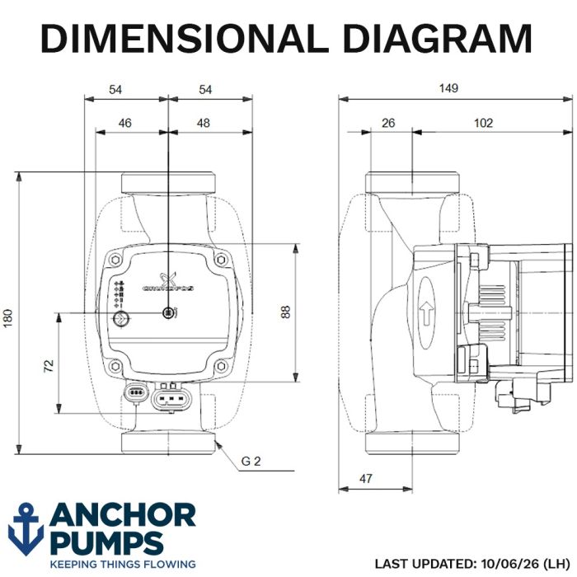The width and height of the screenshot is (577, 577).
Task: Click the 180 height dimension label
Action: [8, 318]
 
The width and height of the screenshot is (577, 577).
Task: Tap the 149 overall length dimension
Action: [448, 88]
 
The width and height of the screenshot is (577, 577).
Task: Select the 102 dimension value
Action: [483, 123]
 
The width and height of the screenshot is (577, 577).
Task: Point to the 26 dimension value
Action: [388, 123]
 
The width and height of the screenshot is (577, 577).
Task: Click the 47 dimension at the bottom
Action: [365, 478]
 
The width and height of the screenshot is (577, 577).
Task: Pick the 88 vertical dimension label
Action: [285, 312]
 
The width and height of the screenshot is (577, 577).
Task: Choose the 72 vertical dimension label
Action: [49, 366]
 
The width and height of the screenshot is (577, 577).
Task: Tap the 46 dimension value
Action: [124, 123]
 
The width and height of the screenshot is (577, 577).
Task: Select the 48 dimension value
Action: [203, 123]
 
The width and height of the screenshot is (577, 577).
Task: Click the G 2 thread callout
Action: [251, 461]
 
